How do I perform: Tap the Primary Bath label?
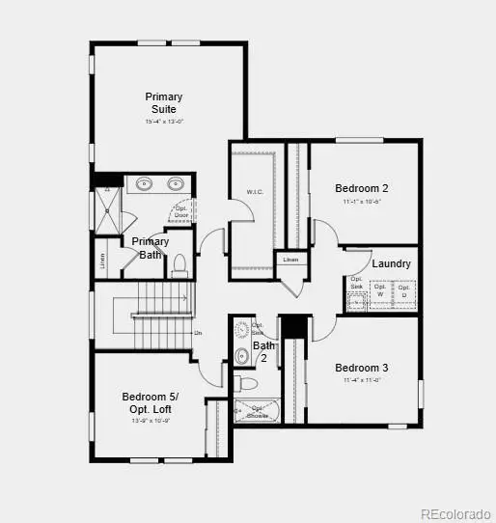point(150,248)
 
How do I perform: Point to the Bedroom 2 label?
point(361,188)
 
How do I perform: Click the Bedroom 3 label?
point(361,368)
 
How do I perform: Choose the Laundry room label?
point(391,263)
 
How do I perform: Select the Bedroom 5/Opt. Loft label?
point(149,402)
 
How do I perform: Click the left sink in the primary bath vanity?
point(144,182)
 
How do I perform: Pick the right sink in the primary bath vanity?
point(177,182)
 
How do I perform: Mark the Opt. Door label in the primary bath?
point(181,211)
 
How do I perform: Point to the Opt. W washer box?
point(380,290)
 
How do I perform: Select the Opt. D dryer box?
point(404,290)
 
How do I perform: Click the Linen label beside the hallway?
point(290,260)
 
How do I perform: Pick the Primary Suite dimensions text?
point(163,123)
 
